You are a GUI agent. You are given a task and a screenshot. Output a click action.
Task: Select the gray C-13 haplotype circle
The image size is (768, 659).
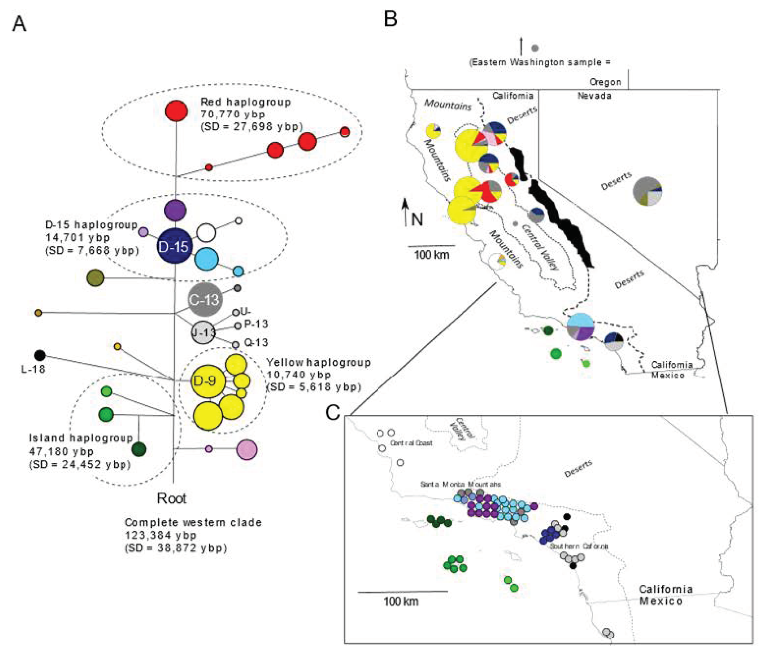pos(204,299)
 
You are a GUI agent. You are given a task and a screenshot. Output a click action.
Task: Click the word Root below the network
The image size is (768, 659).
pos(171,499)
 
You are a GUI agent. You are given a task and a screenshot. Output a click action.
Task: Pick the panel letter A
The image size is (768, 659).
pos(19,24)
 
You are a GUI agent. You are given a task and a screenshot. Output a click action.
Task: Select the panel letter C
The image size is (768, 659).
pos(333,412)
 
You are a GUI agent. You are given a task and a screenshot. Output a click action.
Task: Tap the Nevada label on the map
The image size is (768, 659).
pos(594,96)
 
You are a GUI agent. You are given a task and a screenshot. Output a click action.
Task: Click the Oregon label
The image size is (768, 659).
pos(605,82)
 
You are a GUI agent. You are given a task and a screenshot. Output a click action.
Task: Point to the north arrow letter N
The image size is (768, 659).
pos(417,219)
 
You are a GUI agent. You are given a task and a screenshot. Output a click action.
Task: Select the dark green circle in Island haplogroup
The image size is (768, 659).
pos(139,449)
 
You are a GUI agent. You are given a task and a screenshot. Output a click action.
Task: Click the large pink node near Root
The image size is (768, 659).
pos(247,449)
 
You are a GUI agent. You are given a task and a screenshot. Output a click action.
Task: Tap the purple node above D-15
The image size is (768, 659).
pos(175,210)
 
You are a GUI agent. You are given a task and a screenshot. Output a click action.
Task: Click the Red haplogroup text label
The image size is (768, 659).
pos(246,102)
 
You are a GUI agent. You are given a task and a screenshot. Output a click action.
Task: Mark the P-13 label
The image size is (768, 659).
pos(256,324)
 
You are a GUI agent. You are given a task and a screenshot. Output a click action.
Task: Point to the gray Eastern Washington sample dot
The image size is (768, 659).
pos(535,48)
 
